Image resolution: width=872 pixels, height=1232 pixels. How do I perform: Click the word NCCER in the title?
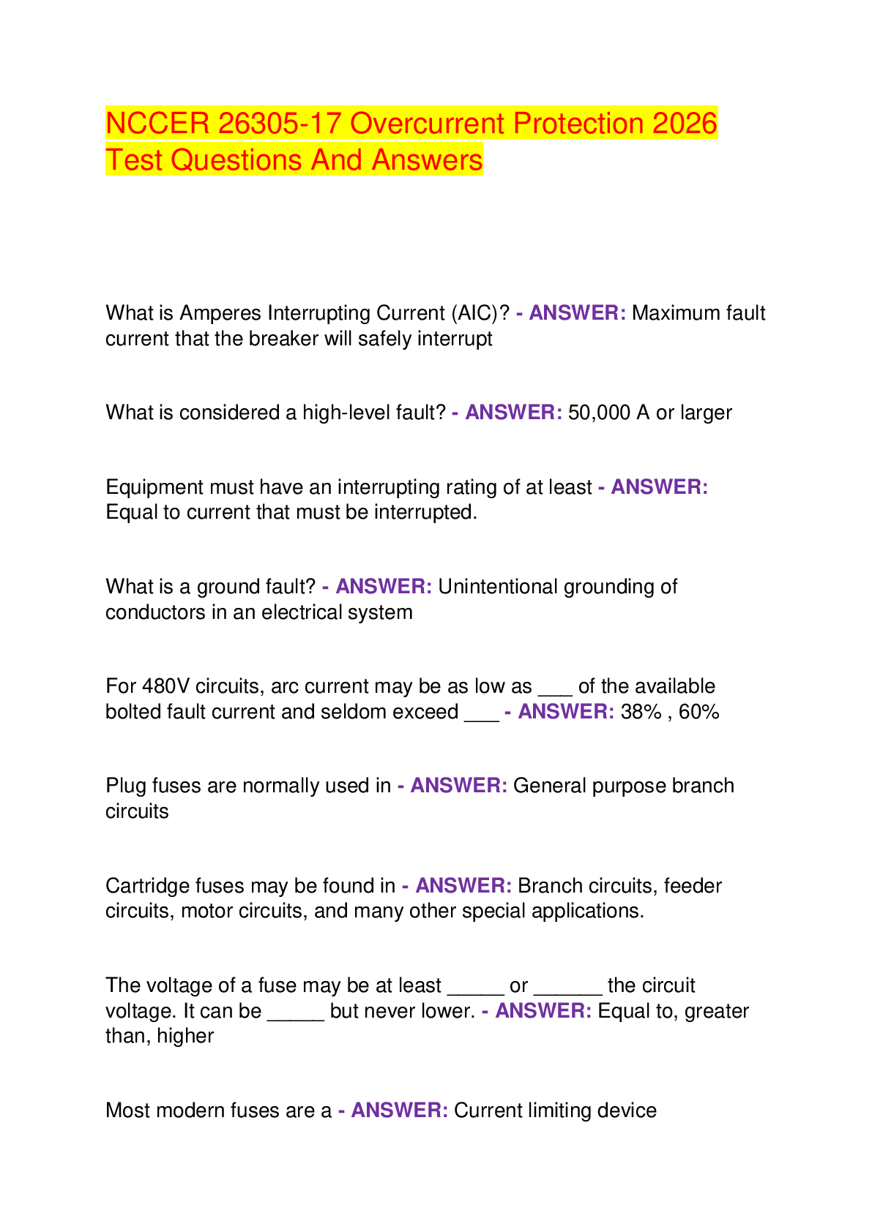pos(157,123)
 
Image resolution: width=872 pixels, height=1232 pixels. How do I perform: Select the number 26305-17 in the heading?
pos(280,123)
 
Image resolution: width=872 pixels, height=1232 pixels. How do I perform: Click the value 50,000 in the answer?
pos(599,413)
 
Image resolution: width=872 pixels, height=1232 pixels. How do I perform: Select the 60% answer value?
pos(699,712)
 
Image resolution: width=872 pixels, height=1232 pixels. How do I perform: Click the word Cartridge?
pos(148,886)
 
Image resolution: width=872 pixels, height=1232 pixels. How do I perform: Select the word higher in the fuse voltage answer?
pos(185,1036)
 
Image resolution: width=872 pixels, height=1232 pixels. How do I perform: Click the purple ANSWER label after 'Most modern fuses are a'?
pos(400,1111)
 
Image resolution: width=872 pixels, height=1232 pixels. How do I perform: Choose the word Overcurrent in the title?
pos(427,123)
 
